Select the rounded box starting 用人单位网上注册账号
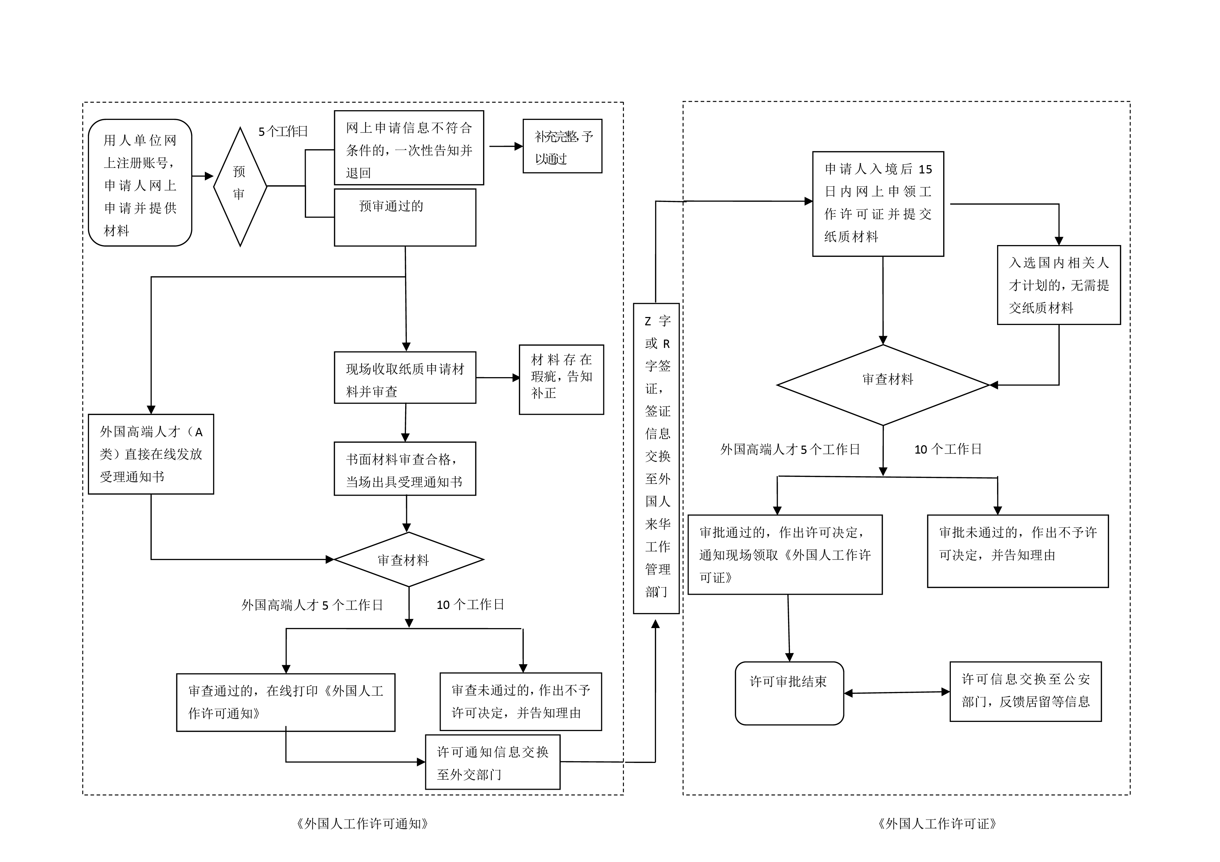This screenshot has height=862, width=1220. click(140, 183)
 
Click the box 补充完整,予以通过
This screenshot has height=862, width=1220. click(562, 146)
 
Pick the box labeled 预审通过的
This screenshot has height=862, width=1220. click(404, 217)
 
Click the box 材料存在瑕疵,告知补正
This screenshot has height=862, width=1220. click(561, 379)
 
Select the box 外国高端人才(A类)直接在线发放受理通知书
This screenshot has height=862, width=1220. click(151, 454)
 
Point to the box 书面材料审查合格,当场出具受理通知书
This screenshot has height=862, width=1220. click(404, 469)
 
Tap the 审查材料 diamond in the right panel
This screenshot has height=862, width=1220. click(883, 385)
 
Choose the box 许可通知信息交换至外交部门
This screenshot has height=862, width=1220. click(492, 762)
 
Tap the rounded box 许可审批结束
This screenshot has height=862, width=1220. click(789, 693)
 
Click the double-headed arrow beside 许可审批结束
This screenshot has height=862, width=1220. click(897, 693)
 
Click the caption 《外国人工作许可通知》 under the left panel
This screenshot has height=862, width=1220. click(362, 824)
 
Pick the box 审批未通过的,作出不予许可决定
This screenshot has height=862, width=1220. click(1018, 551)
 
